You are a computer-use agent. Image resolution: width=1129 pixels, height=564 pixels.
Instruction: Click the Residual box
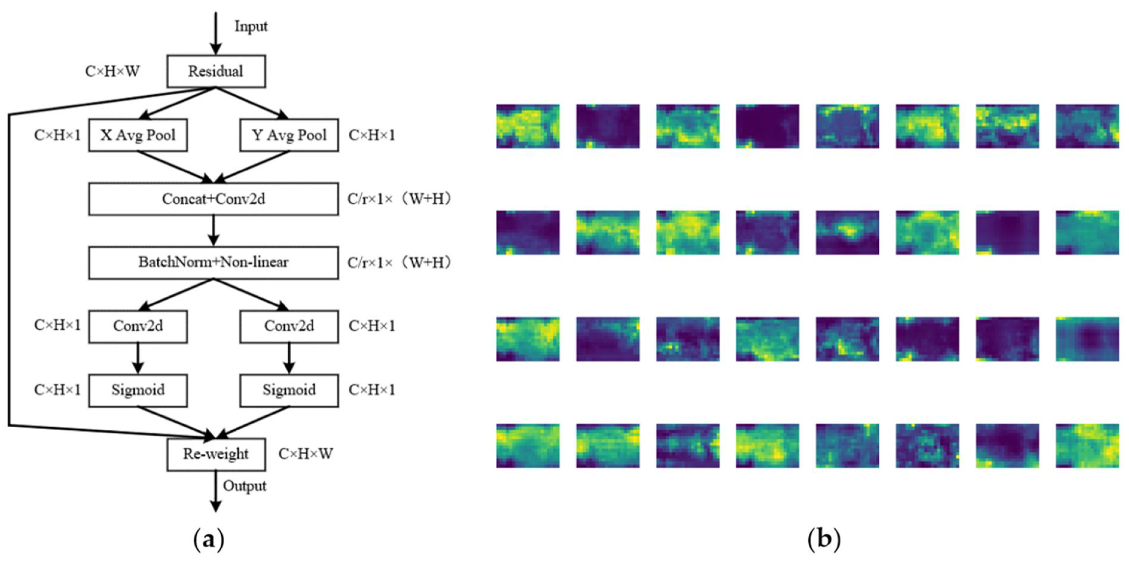(216, 71)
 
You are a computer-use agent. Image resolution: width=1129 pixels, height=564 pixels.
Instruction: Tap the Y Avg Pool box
(289, 135)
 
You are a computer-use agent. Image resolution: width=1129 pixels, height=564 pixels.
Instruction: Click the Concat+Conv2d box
(214, 199)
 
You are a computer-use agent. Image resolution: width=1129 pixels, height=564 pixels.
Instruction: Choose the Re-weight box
(216, 454)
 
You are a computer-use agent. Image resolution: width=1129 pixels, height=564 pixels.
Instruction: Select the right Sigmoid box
(289, 390)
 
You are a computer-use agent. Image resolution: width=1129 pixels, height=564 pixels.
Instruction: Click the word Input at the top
(251, 26)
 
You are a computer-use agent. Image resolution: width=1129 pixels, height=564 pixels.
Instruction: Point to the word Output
(245, 486)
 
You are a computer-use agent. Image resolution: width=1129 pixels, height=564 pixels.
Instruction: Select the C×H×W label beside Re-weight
(305, 454)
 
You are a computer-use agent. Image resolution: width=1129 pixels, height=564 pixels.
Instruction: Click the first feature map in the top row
(528, 126)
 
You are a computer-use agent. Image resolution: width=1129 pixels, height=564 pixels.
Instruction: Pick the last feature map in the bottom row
(1087, 446)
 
